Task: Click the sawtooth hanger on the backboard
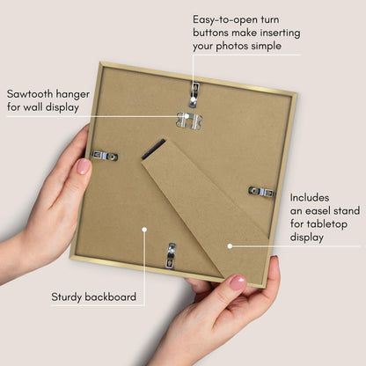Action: (x=189, y=121)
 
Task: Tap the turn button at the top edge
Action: (x=194, y=94)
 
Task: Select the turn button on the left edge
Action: (x=104, y=156)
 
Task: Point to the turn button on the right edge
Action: (x=262, y=192)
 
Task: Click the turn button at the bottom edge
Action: (x=172, y=256)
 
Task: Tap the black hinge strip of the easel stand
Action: (x=153, y=150)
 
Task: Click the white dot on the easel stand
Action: (x=230, y=246)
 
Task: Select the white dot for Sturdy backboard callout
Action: (x=144, y=229)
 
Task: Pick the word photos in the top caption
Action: (x=232, y=47)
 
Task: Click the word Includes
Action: (x=310, y=198)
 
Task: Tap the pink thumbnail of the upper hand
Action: (x=83, y=166)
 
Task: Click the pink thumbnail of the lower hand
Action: (x=238, y=282)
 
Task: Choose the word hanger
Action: (x=73, y=95)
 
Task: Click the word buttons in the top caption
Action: (x=210, y=33)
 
